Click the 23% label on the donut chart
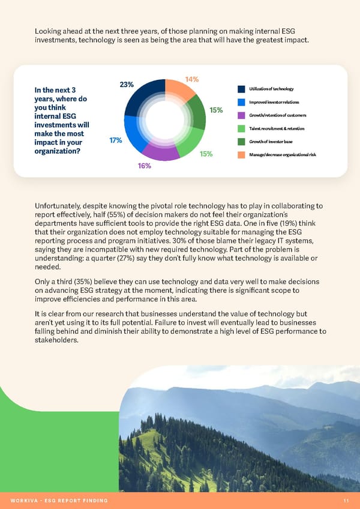point(127,85)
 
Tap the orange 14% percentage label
point(192,79)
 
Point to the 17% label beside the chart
point(116,140)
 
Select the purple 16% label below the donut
point(144,166)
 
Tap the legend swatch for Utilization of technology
point(242,89)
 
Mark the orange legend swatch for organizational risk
point(242,155)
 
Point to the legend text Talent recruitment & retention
point(277,128)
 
